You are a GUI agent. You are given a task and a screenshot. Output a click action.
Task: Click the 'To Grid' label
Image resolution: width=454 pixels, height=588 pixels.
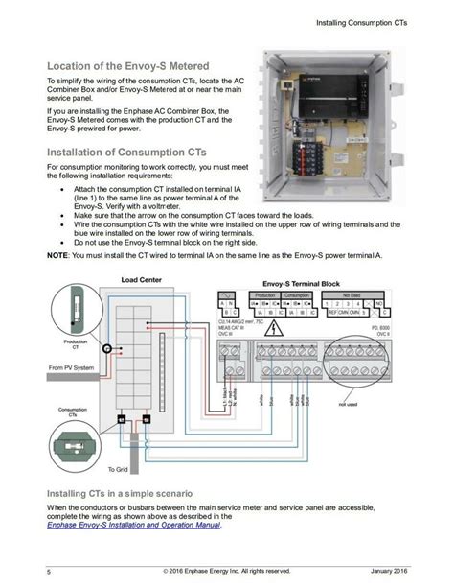pos(118,469)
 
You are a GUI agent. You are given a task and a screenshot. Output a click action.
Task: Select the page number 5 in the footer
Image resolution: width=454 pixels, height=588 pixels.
pos(49,572)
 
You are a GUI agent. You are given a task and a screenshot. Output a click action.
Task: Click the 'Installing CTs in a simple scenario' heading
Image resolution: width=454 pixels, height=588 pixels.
pos(125,494)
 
